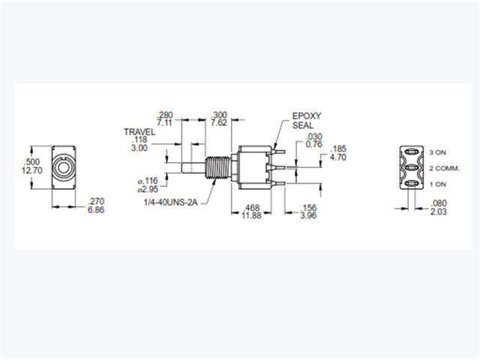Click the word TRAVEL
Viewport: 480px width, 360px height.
point(139,132)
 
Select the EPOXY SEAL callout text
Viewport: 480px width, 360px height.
point(307,121)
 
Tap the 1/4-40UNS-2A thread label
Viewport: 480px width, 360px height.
point(171,202)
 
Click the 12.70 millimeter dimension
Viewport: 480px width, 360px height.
point(31,170)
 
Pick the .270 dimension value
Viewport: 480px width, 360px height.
point(96,202)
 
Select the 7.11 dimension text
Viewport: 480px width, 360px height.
point(165,123)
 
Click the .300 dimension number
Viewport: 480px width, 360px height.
point(219,115)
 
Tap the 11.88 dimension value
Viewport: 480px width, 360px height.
point(251,215)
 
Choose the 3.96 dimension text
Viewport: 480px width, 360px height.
point(308,215)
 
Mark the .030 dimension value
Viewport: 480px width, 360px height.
point(313,136)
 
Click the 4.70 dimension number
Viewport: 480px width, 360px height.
point(338,157)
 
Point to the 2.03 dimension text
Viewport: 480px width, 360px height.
point(438,211)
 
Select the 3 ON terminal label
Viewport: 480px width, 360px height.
point(438,152)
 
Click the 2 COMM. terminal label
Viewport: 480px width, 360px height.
point(445,168)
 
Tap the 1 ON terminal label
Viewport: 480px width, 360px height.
point(438,184)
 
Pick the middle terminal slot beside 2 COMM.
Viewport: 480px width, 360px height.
point(412,168)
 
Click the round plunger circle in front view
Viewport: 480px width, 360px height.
point(63,167)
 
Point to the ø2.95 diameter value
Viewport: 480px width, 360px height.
point(148,189)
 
